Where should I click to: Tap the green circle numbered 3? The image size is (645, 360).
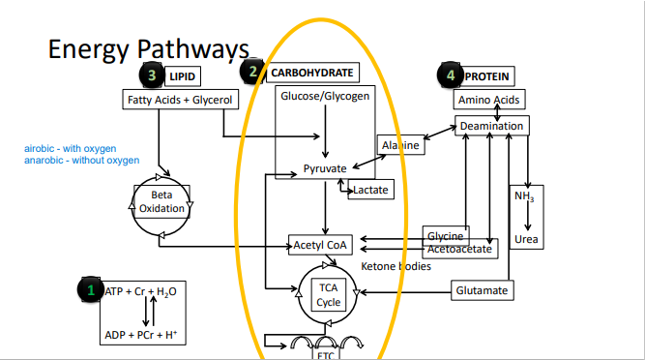pos(150,74)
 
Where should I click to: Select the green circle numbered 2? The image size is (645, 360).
pos(252,72)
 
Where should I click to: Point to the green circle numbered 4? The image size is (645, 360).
pos(450,74)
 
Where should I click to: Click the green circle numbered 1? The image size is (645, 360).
pos(91,290)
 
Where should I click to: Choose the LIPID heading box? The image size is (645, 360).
pos(182,75)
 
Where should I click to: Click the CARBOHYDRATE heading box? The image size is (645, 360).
pos(310,73)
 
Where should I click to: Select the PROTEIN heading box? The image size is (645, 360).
pos(487,75)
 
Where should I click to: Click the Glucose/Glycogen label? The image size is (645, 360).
pos(325,97)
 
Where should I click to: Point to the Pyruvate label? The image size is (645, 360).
pos(325,168)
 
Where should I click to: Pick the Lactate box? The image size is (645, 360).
pos(369,190)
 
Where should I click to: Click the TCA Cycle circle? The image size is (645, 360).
pos(329,295)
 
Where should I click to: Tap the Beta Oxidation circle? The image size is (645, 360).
pos(161,202)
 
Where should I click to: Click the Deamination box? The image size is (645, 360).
pos(491,126)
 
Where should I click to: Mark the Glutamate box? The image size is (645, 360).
pos(484,290)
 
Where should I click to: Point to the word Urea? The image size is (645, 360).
pos(527,239)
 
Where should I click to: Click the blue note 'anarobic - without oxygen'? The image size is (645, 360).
pos(81,160)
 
